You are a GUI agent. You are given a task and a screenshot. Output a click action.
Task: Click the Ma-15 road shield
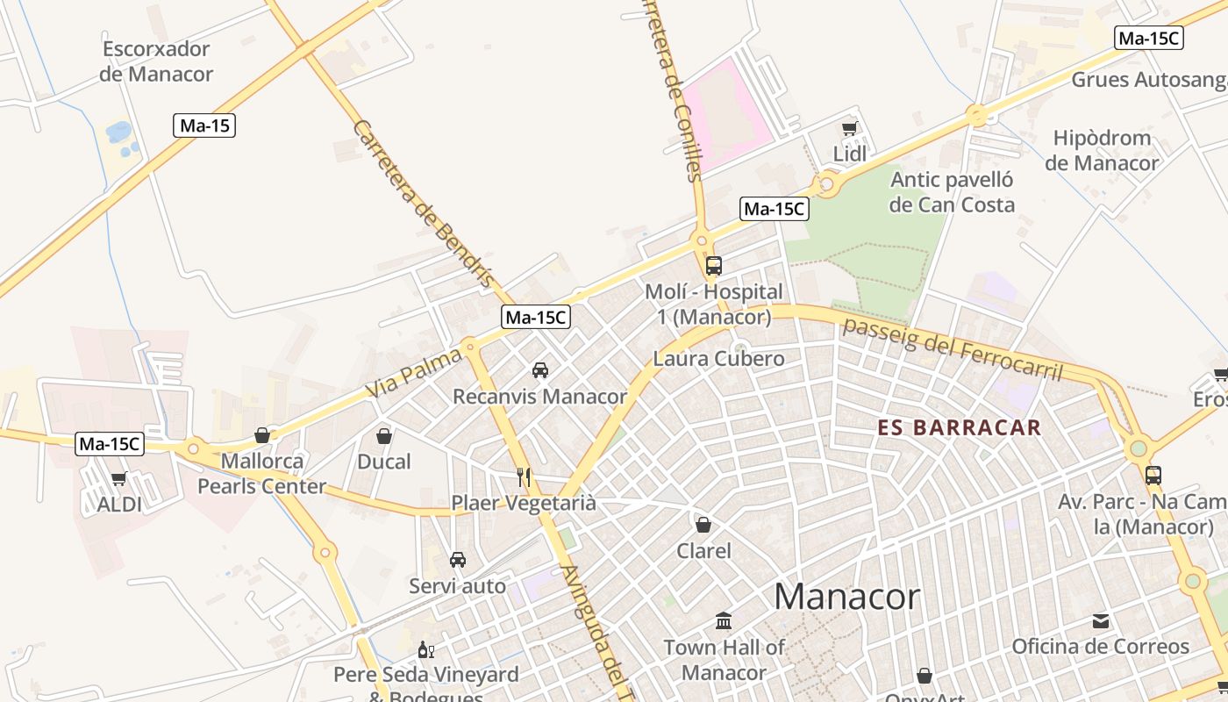pyautogui.click(x=204, y=125)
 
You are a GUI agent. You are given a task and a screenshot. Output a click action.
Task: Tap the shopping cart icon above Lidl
pyautogui.click(x=849, y=129)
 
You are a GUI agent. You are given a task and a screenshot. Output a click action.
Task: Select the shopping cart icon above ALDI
pyautogui.click(x=119, y=479)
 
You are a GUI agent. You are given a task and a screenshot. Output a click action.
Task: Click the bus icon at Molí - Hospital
pyautogui.click(x=714, y=265)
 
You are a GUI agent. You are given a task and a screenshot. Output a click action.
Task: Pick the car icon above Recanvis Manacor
pyautogui.click(x=540, y=370)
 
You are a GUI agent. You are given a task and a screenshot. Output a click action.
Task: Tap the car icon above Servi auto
pyautogui.click(x=457, y=560)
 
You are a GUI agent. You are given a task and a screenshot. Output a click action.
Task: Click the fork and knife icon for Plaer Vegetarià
pyautogui.click(x=524, y=477)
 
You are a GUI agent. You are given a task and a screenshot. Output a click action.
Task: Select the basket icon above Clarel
pyautogui.click(x=703, y=525)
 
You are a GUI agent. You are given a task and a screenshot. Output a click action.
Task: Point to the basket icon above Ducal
pyautogui.click(x=384, y=435)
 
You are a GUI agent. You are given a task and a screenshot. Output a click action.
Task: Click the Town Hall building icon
pyautogui.click(x=724, y=621)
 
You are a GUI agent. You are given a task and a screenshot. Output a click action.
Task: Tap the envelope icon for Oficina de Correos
pyautogui.click(x=1101, y=621)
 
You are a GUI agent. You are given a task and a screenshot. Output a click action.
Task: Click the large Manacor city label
pyautogui.click(x=846, y=597)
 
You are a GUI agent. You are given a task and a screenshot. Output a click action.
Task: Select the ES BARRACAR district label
pyautogui.click(x=960, y=428)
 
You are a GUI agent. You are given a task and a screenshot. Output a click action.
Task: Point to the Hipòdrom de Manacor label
pyautogui.click(x=1102, y=150)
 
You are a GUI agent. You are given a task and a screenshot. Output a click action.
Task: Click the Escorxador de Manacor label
pyautogui.click(x=156, y=61)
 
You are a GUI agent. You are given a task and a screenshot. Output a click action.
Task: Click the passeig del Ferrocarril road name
pyautogui.click(x=952, y=348)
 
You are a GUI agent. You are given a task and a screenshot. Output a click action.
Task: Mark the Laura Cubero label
pyautogui.click(x=718, y=358)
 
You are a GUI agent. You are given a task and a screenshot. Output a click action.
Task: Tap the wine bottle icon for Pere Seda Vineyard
pyautogui.click(x=425, y=650)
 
